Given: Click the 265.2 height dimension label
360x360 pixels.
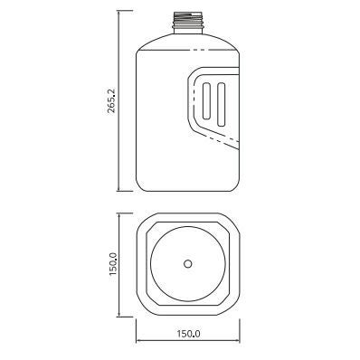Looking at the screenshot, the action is [x=111, y=101].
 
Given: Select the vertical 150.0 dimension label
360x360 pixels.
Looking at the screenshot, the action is [x=113, y=264].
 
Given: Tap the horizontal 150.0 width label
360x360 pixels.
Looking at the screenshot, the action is [x=188, y=334].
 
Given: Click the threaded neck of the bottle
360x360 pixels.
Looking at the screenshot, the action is [x=188, y=23].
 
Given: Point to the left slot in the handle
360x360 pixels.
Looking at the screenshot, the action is [x=207, y=100].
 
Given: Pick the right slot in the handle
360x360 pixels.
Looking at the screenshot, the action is [x=221, y=104].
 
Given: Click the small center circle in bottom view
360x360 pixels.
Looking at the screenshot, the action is [x=188, y=264].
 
